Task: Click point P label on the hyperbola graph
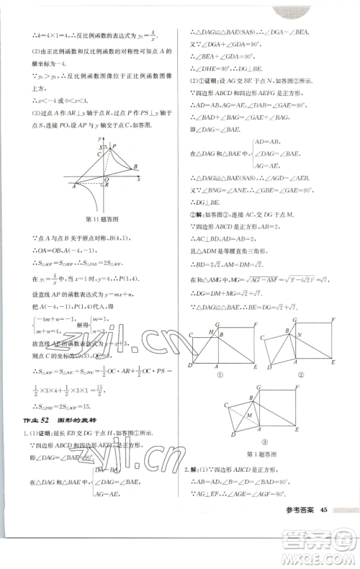click(112, 145)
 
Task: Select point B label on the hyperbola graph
click(135, 167)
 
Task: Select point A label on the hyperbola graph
click(74, 186)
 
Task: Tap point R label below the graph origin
click(107, 185)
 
